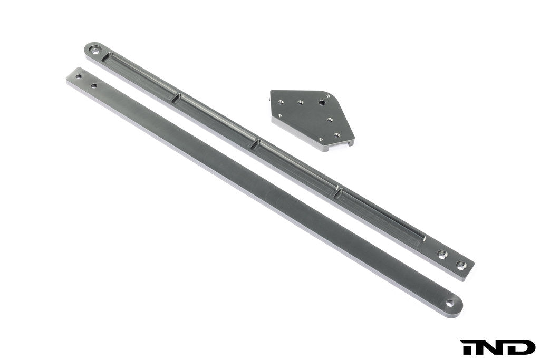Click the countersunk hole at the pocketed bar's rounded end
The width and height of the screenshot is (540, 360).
[95, 51]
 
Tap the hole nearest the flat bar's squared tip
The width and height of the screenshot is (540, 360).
[79, 76]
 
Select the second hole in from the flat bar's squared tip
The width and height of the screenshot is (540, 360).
[93, 85]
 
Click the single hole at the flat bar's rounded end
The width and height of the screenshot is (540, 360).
[450, 304]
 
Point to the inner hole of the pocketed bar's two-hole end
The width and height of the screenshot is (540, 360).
[442, 254]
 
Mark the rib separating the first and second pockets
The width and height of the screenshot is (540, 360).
[176, 96]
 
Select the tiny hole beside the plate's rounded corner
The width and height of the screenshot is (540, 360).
[329, 96]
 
